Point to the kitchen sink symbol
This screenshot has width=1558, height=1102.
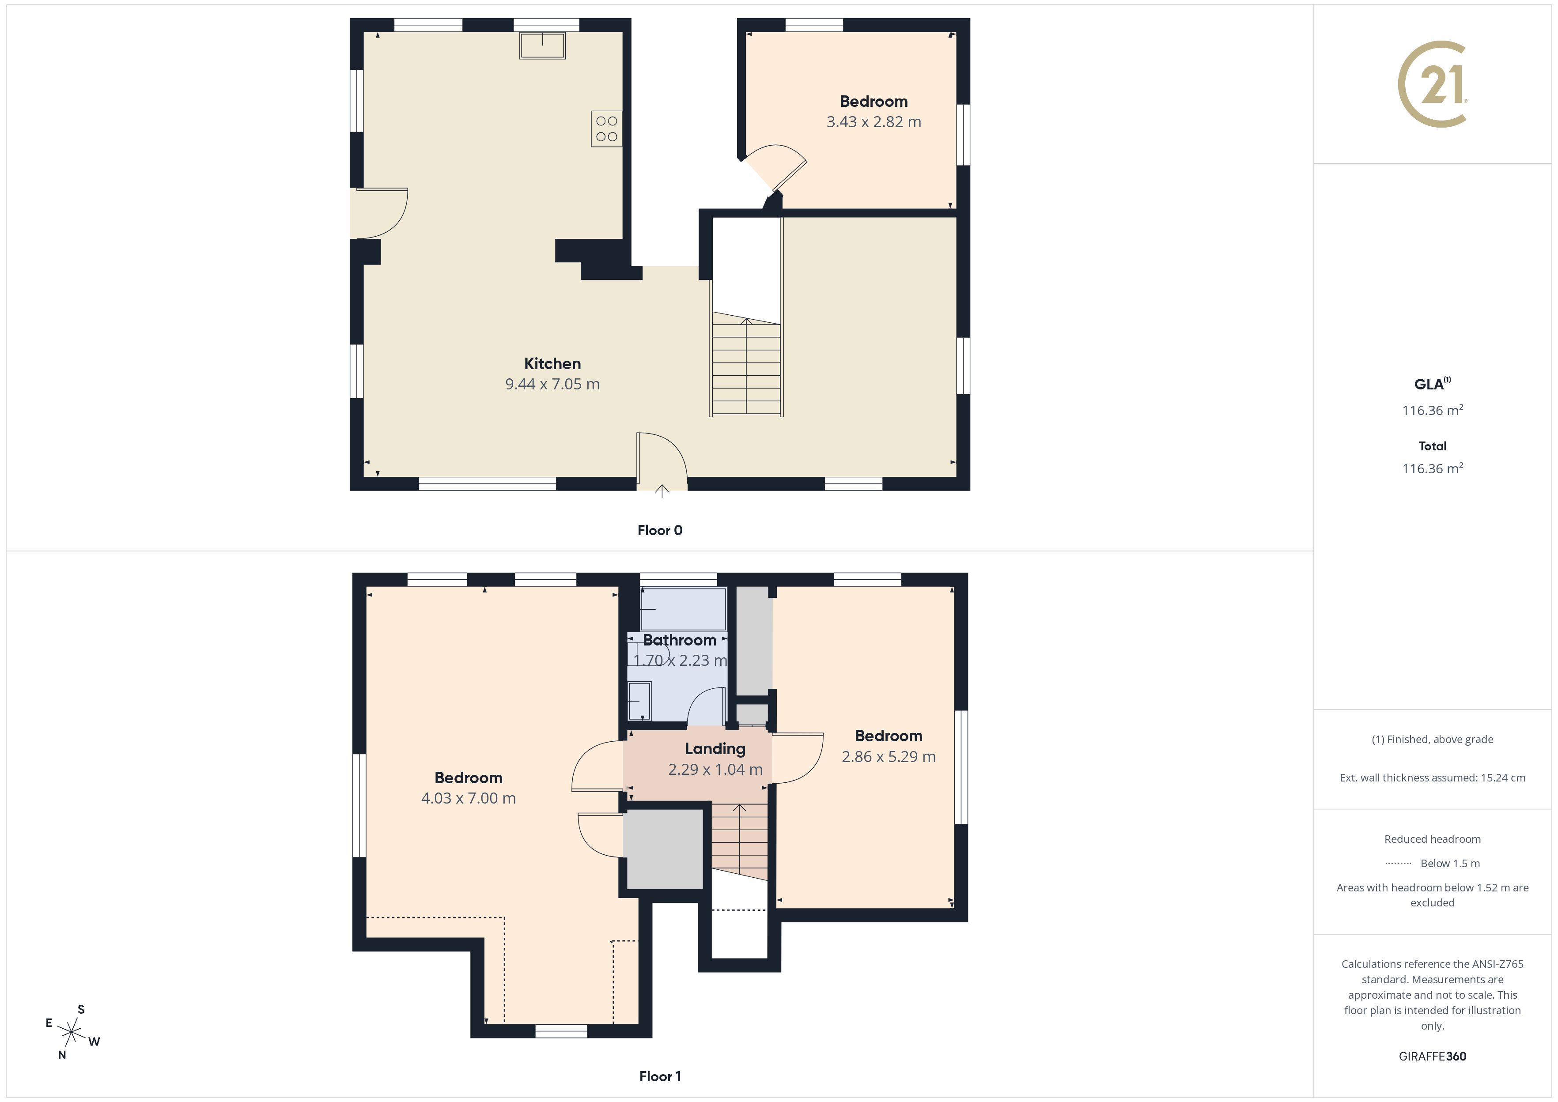(542, 45)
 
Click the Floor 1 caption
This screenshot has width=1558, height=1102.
(660, 1076)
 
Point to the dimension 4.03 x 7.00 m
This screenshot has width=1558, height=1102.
(468, 798)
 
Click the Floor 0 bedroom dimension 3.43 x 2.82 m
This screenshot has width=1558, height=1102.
(874, 122)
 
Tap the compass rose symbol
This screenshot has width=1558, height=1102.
(71, 1033)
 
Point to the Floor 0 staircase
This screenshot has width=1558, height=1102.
(746, 366)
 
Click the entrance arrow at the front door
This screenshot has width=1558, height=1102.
(662, 491)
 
